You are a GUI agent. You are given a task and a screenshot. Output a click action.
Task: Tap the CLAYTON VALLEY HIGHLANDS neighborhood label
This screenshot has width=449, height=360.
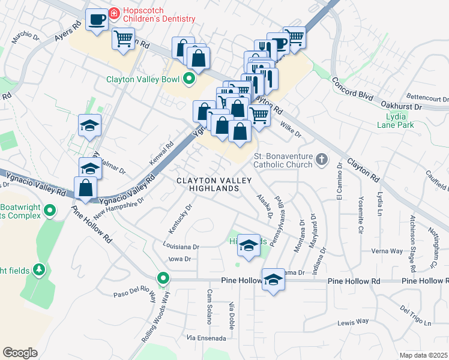(x=208, y=184)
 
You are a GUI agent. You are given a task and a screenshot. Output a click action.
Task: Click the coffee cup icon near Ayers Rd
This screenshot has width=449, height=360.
(x=96, y=20)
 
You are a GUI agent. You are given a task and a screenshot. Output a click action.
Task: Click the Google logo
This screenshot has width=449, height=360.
(x=20, y=353)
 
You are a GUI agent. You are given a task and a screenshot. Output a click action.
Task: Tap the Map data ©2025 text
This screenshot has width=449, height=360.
(x=423, y=355)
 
